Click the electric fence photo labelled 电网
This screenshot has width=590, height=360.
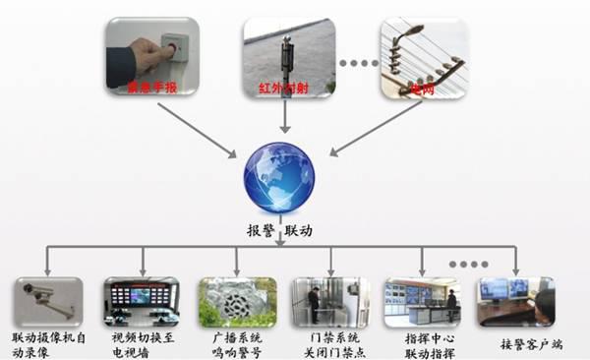(422, 59)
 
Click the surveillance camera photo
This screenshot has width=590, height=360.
(48, 300)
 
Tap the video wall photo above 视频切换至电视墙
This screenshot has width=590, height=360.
(142, 301)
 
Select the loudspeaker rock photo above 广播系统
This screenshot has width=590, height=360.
(237, 301)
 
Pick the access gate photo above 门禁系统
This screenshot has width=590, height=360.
(329, 301)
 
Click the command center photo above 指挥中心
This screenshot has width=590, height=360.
(422, 301)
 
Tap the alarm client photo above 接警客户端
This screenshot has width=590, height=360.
(516, 301)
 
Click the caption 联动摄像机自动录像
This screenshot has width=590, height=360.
(48, 343)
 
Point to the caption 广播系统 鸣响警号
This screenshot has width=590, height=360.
(237, 343)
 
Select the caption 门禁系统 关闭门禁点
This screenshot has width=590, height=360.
(329, 343)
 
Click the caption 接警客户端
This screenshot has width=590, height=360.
(517, 344)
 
